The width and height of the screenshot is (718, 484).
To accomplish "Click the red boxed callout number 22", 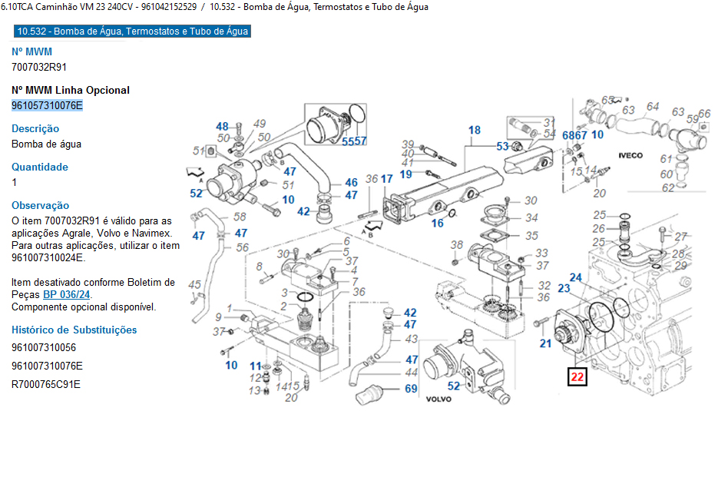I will pyautogui.click(x=577, y=377).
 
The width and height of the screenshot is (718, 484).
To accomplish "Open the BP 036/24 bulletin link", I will pyautogui.click(x=67, y=294).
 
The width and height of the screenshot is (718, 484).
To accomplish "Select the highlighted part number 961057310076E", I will pyautogui.click(x=47, y=105).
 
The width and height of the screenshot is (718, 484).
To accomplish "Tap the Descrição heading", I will pyautogui.click(x=35, y=128).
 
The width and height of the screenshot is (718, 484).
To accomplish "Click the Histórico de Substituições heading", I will pyautogui.click(x=74, y=330).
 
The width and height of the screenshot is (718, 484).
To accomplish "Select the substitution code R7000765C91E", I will pyautogui.click(x=46, y=383).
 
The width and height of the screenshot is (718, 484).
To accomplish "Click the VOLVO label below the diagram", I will pyautogui.click(x=438, y=399).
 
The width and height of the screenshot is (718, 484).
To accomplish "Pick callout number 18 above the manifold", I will pyautogui.click(x=475, y=130).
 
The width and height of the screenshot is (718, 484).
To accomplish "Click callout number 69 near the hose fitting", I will pyautogui.click(x=411, y=389).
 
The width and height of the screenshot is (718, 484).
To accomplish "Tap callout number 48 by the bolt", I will pyautogui.click(x=222, y=126).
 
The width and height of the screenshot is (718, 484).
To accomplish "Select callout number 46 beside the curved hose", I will pyautogui.click(x=351, y=182).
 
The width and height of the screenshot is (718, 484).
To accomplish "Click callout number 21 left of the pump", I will pyautogui.click(x=545, y=343).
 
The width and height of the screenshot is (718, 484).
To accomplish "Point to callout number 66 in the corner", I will pyautogui.click(x=704, y=113).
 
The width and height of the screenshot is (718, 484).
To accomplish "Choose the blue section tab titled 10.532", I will pyautogui.click(x=132, y=31).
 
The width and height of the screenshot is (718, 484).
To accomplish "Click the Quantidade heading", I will pyautogui.click(x=40, y=167).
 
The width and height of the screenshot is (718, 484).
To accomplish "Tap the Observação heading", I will pyautogui.click(x=40, y=205).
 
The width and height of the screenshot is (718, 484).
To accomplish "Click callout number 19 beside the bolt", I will pyautogui.click(x=405, y=174).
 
